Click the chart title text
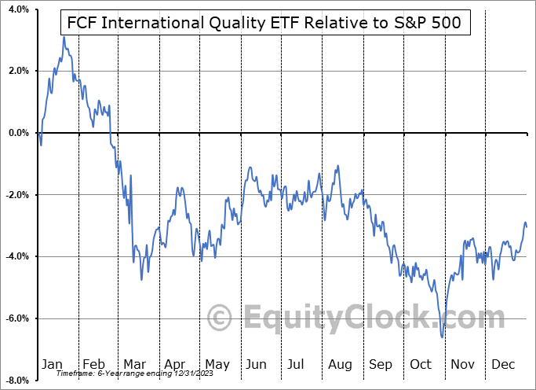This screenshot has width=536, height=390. point(267,24)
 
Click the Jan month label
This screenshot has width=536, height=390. point(53,365)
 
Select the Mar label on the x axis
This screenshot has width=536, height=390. point(134,365)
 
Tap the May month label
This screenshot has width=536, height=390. point(217,365)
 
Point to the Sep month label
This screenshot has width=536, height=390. point(381,365)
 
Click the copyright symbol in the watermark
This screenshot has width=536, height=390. point(220,318)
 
